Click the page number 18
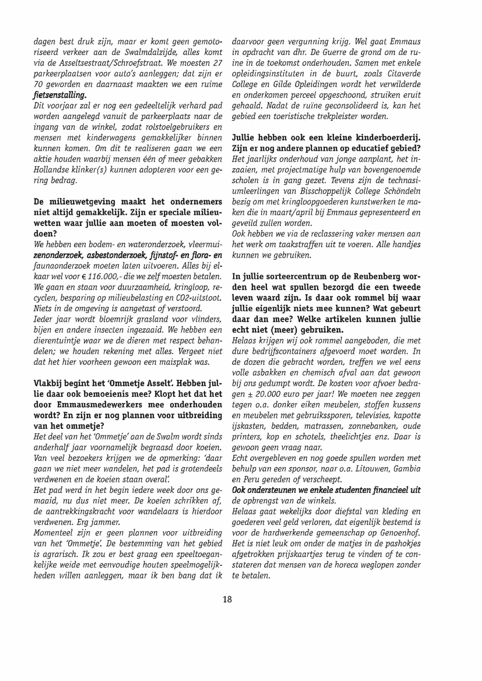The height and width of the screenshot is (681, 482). (x=228, y=599)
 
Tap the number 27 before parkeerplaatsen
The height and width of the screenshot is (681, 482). (x=216, y=64)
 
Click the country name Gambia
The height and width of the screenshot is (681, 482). (x=406, y=469)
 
